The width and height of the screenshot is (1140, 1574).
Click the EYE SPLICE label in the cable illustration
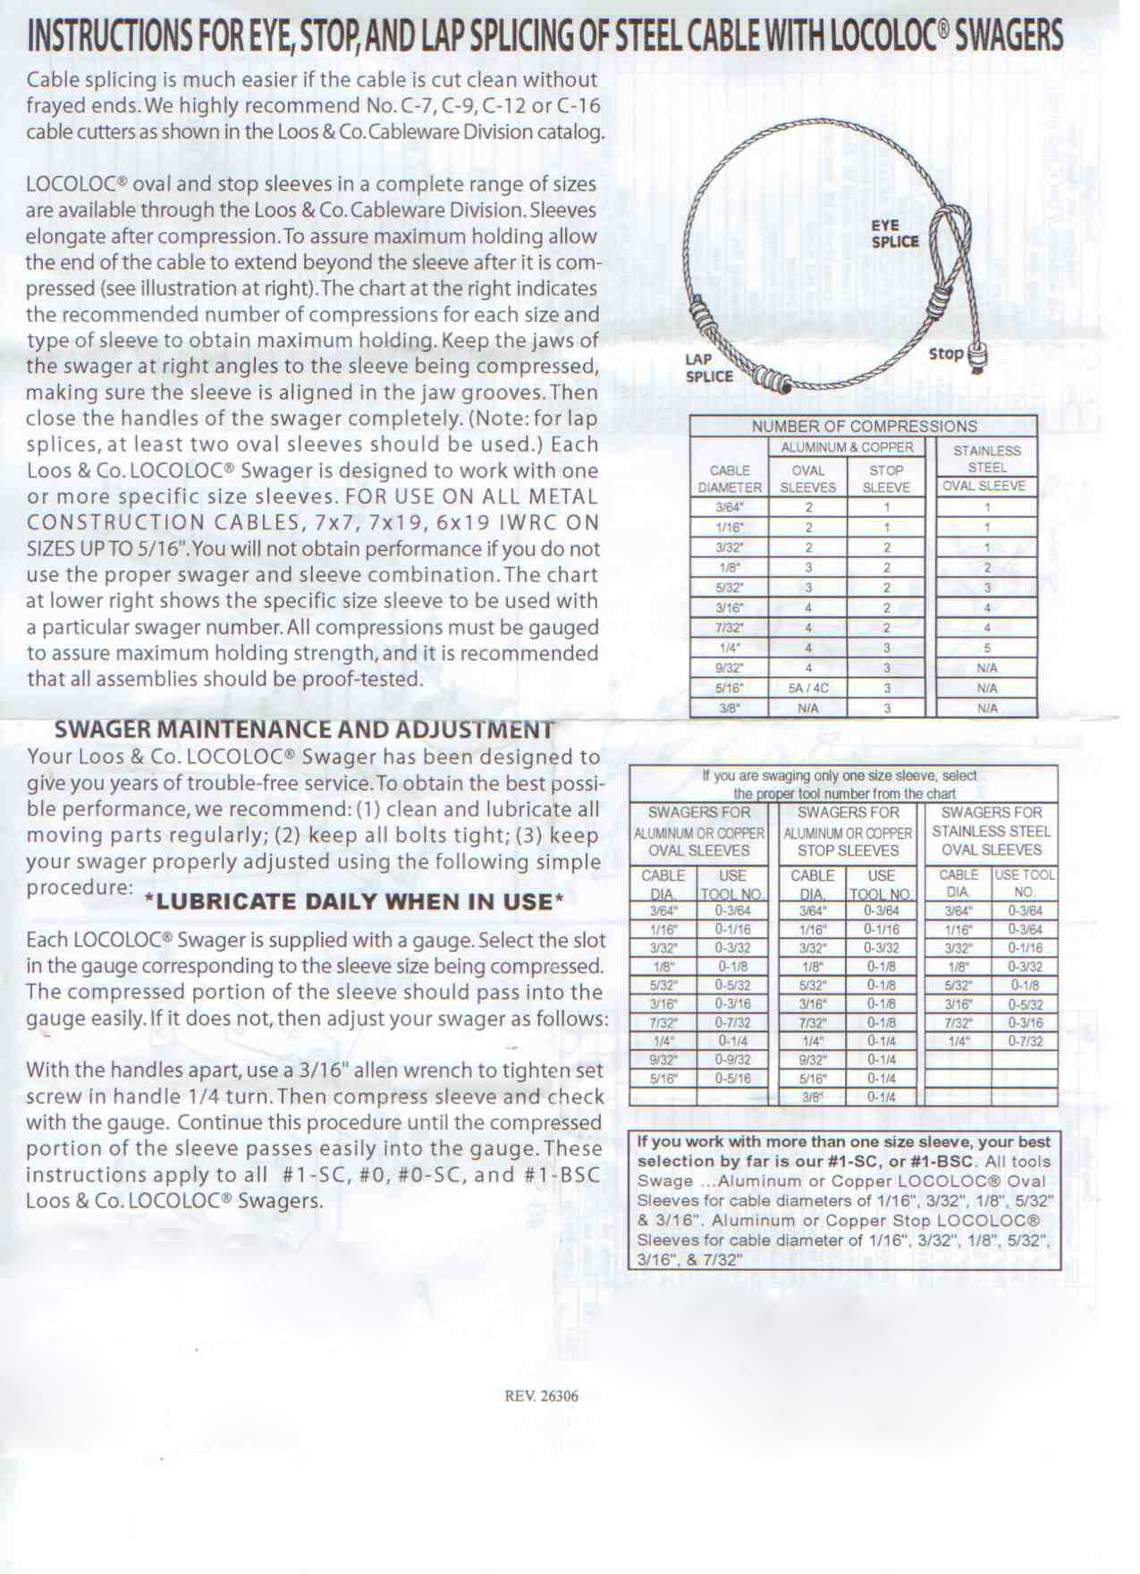pyautogui.click(x=895, y=233)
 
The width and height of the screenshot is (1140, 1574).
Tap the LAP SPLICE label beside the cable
pyautogui.click(x=709, y=368)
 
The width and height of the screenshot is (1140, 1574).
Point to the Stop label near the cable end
pyautogui.click(x=946, y=353)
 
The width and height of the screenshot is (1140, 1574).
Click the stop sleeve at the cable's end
pyautogui.click(x=978, y=356)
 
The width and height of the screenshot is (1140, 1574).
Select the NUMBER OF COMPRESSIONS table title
pyautogui.click(x=864, y=427)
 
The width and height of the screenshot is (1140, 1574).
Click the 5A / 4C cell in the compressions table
pyautogui.click(x=808, y=689)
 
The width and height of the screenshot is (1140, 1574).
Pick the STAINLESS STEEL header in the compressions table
pyautogui.click(x=987, y=459)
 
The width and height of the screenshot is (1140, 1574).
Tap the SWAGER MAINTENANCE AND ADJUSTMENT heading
pyautogui.click(x=303, y=730)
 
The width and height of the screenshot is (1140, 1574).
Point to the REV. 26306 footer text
pyautogui.click(x=542, y=1395)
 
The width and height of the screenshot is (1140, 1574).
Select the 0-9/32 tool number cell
pyautogui.click(x=732, y=1060)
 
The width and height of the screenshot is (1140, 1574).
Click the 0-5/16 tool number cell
pyautogui.click(x=732, y=1079)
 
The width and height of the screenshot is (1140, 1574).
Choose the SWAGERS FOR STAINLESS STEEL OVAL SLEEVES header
pyautogui.click(x=992, y=831)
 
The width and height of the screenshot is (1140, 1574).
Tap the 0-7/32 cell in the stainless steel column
pyautogui.click(x=1025, y=1041)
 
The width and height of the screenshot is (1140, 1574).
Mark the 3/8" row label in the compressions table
pyautogui.click(x=730, y=708)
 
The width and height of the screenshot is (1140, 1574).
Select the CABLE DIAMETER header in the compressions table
pyautogui.click(x=730, y=478)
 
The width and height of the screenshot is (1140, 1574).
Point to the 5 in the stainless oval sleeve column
pyautogui.click(x=987, y=648)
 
